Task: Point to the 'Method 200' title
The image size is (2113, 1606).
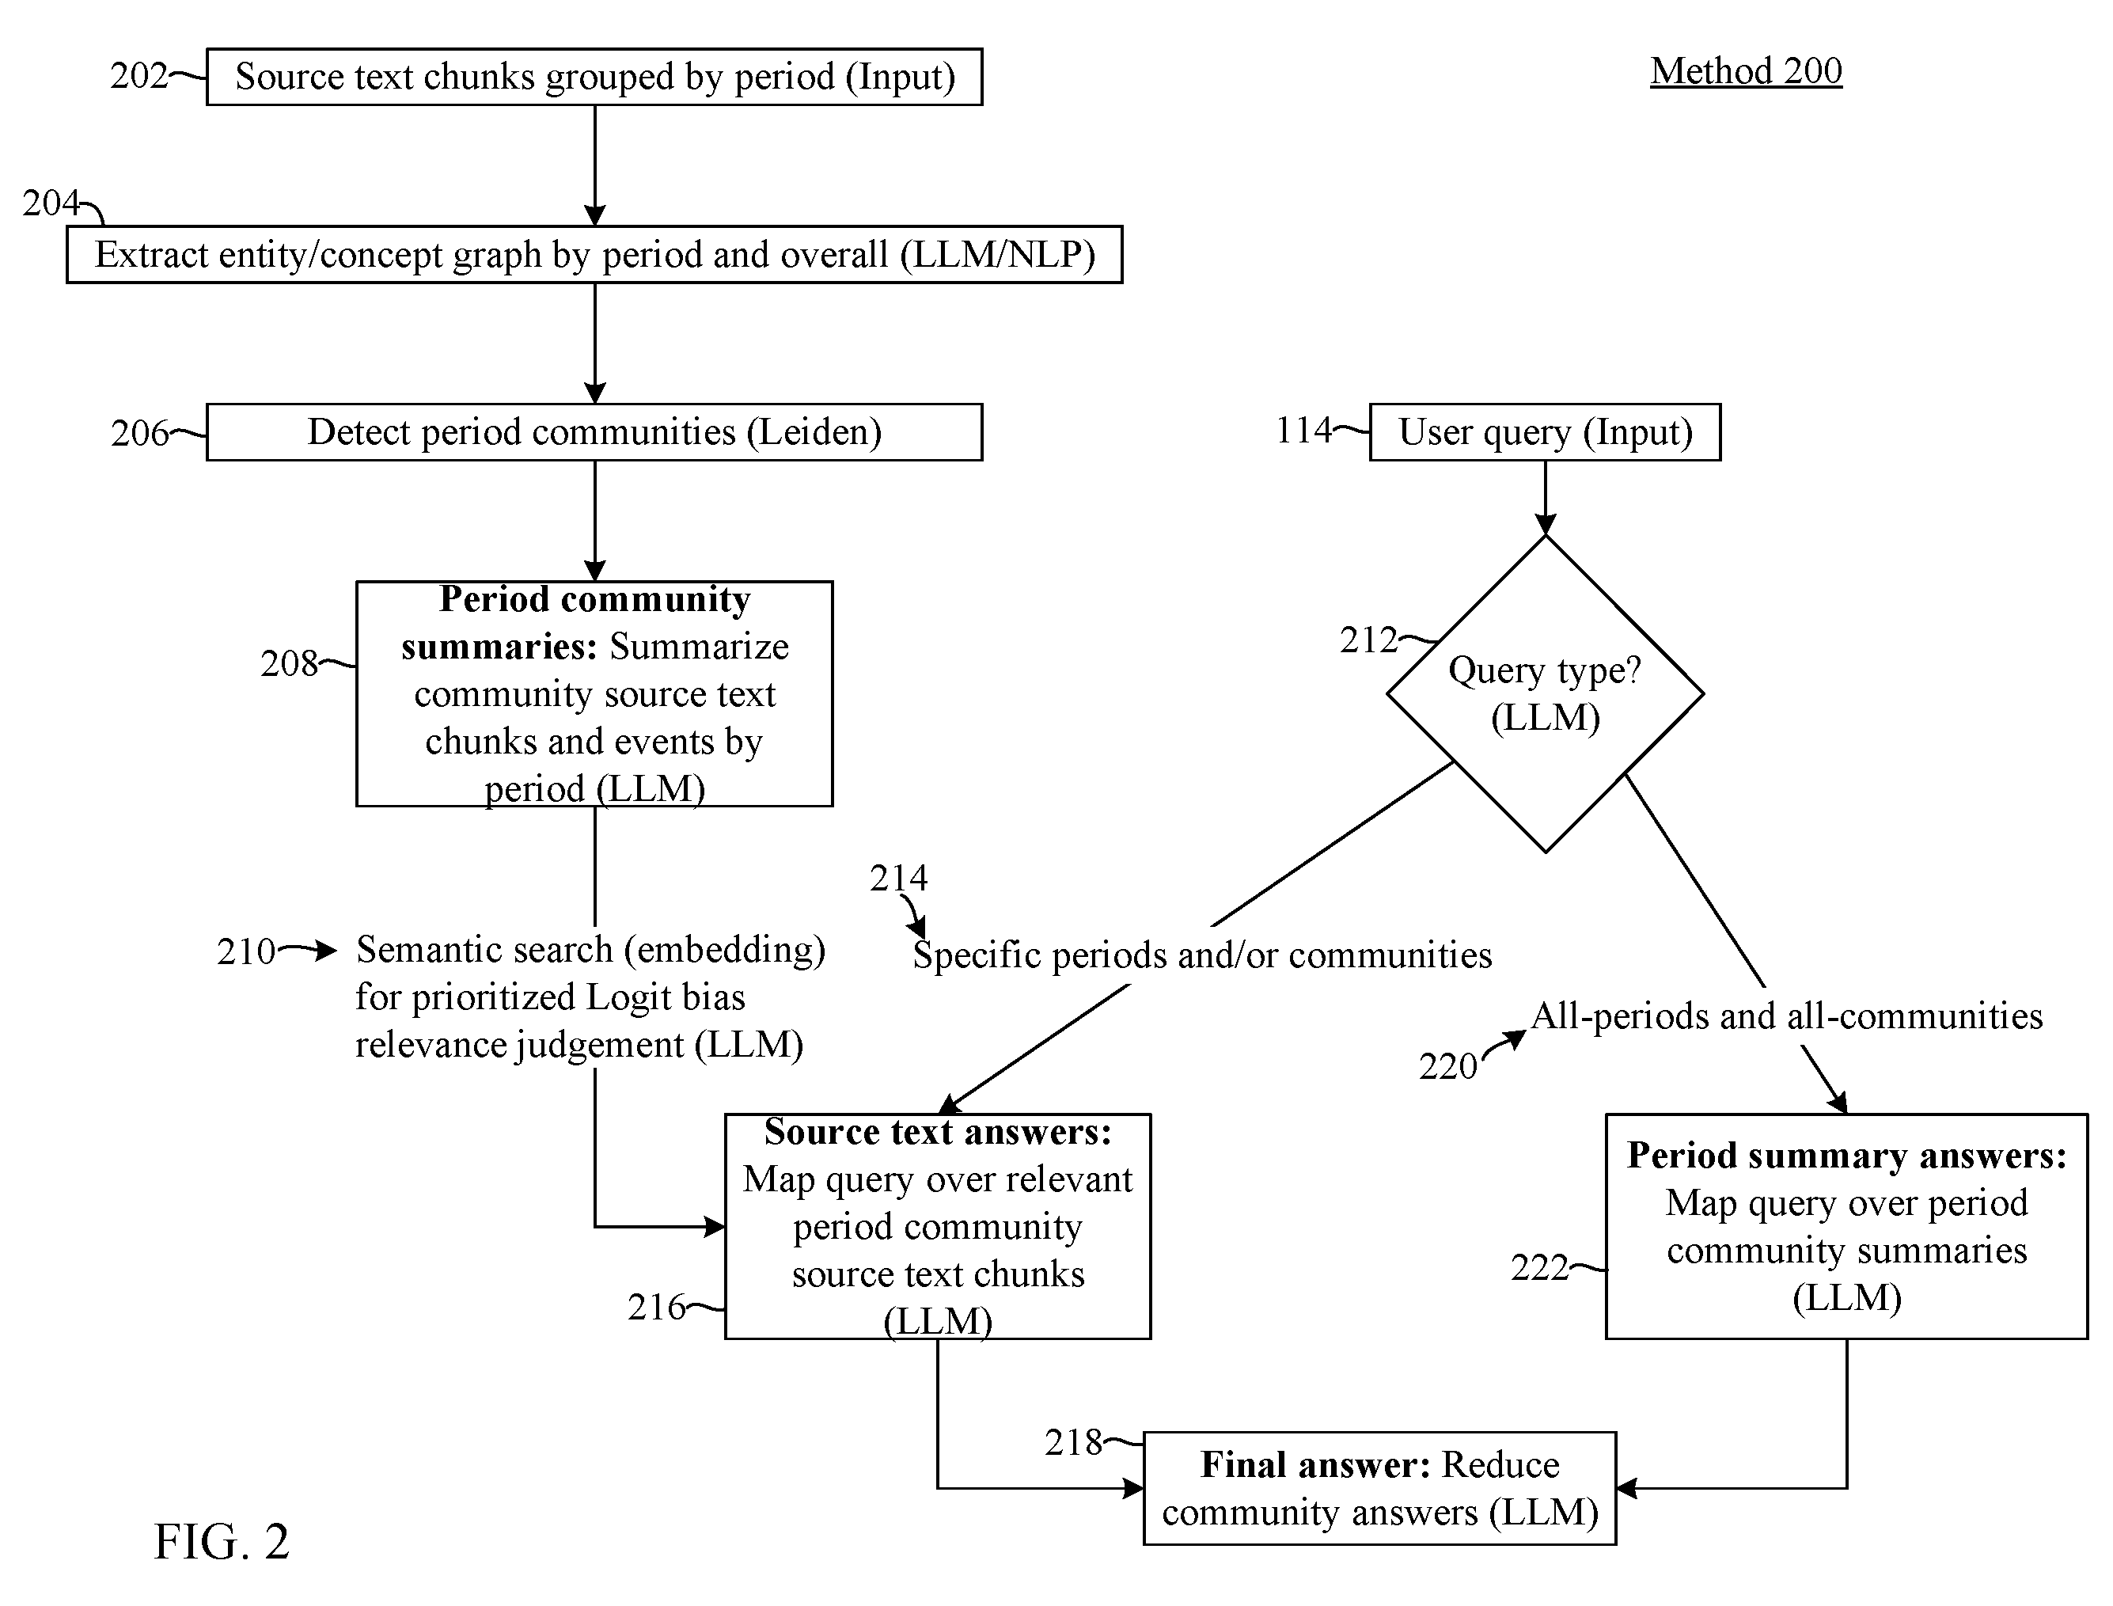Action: click(x=1746, y=70)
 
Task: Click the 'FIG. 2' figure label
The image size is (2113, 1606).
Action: click(x=221, y=1542)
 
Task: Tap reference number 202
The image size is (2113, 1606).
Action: click(x=138, y=75)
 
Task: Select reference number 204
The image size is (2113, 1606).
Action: click(x=51, y=203)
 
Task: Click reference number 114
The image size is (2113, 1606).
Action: click(x=1303, y=430)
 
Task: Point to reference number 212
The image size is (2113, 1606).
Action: click(x=1368, y=640)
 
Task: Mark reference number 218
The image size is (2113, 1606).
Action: click(x=1073, y=1442)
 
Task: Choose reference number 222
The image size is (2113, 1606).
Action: click(x=1539, y=1267)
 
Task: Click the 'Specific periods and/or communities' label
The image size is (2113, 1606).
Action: click(x=1202, y=955)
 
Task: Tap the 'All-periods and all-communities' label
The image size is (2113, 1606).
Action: click(x=1787, y=1016)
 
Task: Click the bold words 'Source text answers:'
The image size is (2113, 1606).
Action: click(x=939, y=1132)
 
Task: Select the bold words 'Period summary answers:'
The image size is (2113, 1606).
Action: click(x=1847, y=1156)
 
